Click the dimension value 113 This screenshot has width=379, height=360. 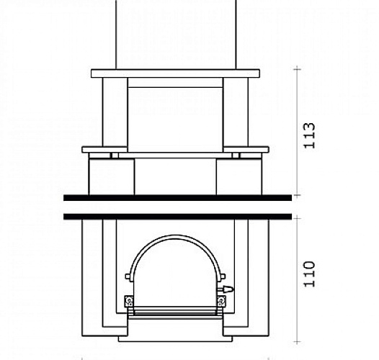click(x=310, y=135)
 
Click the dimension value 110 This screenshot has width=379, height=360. click(x=310, y=274)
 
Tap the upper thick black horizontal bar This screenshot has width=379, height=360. click(x=178, y=198)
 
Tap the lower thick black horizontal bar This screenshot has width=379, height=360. click(x=178, y=217)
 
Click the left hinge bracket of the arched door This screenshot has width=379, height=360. click(x=129, y=302)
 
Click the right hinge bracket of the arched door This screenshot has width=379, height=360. click(x=221, y=302)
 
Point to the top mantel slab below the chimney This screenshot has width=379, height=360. click(x=176, y=73)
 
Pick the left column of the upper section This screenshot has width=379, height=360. click(x=115, y=112)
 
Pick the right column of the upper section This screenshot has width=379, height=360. click(x=236, y=112)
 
